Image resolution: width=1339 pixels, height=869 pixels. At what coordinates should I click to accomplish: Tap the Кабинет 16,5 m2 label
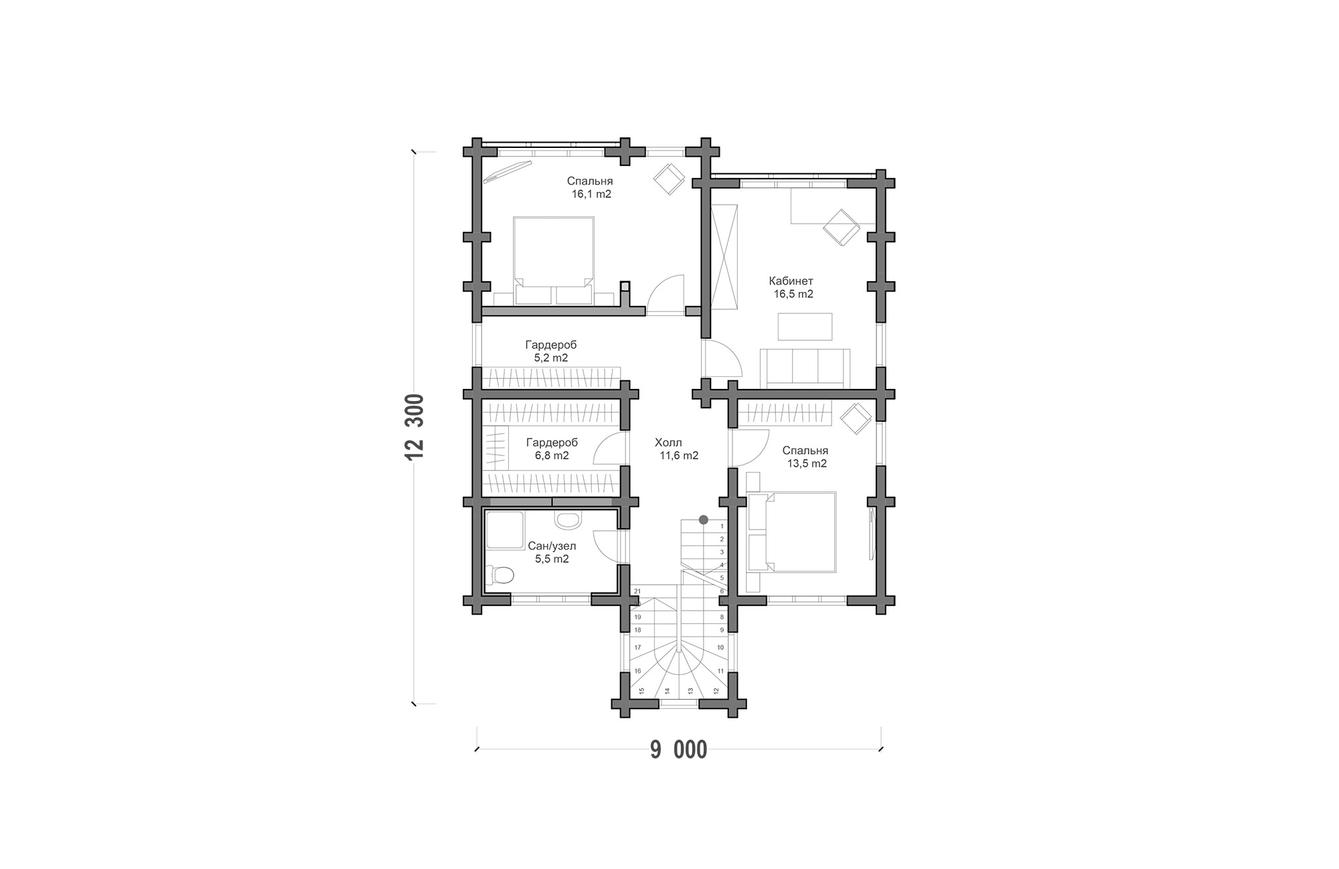coord(791,287)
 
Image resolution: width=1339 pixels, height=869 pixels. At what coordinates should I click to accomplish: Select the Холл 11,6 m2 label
coord(676,449)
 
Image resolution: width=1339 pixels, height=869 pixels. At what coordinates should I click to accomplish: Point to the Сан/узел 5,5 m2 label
coord(552,552)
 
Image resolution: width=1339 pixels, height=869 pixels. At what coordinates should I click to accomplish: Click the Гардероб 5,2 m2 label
coord(550,351)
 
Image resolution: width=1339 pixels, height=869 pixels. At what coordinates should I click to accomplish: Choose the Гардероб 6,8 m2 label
coord(552,449)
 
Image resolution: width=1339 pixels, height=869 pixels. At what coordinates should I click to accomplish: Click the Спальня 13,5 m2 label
coord(805,457)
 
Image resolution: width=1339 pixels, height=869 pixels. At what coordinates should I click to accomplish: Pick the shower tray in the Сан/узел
coord(504,530)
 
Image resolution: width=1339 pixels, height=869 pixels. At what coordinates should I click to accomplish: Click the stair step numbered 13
coord(690,690)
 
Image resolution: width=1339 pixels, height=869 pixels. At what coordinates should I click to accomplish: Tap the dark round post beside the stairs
coord(704,519)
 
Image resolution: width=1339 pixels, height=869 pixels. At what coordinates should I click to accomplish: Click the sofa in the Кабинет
coord(805,368)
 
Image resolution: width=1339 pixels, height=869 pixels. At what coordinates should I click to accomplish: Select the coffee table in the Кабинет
coord(805,327)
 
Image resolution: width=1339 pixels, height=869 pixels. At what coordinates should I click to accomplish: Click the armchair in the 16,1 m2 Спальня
coord(669,178)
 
